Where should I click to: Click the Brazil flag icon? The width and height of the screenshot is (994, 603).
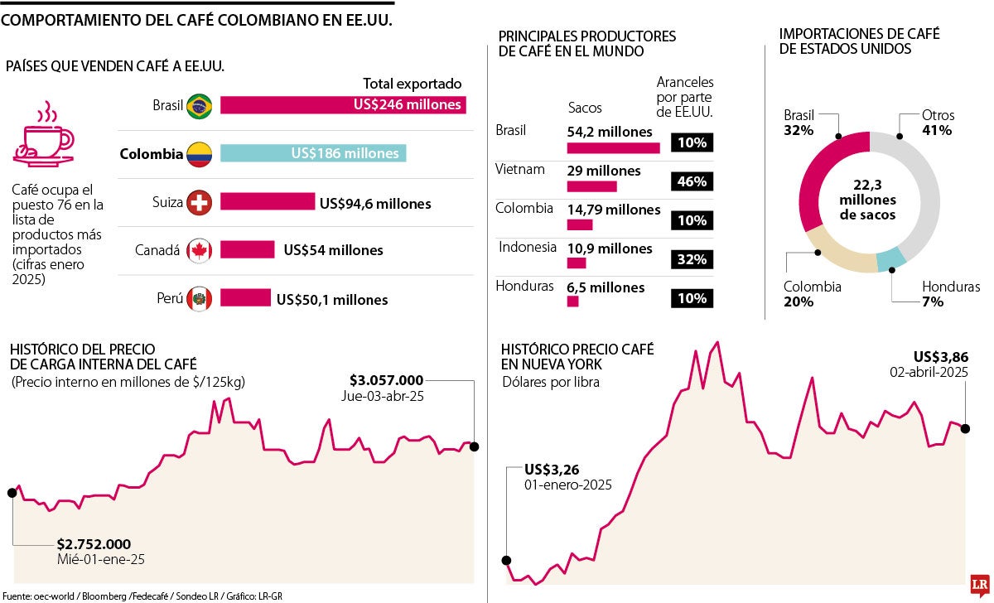(x=199, y=105)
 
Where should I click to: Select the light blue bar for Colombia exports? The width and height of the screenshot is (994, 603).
(x=313, y=153)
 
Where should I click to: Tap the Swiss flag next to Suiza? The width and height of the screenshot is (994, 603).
(x=199, y=202)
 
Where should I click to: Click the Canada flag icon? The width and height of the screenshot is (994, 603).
(x=199, y=250)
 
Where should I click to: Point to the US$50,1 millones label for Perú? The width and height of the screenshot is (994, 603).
(x=331, y=299)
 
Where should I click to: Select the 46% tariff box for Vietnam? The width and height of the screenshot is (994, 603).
(x=692, y=181)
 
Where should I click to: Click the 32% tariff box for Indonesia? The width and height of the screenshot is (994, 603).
(x=692, y=259)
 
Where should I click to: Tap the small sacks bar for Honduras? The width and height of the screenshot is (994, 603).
(x=572, y=301)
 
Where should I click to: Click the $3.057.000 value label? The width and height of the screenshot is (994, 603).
(x=387, y=380)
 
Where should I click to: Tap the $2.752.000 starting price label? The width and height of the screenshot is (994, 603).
(x=94, y=544)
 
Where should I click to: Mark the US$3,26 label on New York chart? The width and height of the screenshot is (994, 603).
(x=552, y=469)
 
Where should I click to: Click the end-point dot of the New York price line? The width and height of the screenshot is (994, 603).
(x=966, y=428)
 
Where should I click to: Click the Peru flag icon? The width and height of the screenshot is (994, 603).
(x=199, y=299)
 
